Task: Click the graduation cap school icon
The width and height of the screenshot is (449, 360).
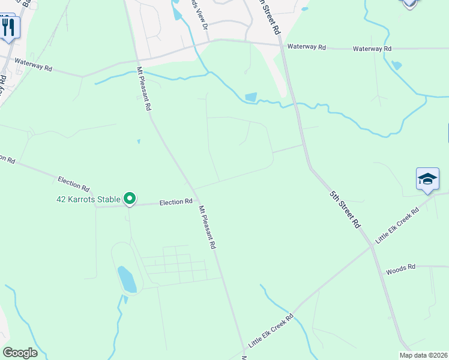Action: pos(427,179)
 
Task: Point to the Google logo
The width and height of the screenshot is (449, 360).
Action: pos(20,353)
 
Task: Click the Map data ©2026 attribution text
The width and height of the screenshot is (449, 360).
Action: pos(423,355)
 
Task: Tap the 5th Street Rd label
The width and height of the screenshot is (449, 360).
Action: pos(345,209)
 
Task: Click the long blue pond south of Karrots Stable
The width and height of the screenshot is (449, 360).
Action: pos(127,280)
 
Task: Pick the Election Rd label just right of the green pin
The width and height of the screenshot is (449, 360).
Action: pos(176,203)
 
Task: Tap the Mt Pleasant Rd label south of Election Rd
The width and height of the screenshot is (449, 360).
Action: pos(207,228)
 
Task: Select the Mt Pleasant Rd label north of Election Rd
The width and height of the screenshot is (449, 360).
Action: pos(144,89)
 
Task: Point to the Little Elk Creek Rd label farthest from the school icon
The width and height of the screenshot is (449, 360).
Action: pos(271,331)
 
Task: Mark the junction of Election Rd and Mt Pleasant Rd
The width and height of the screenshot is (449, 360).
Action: pos(196,201)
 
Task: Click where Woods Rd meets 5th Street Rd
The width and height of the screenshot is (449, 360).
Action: pos(382,269)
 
